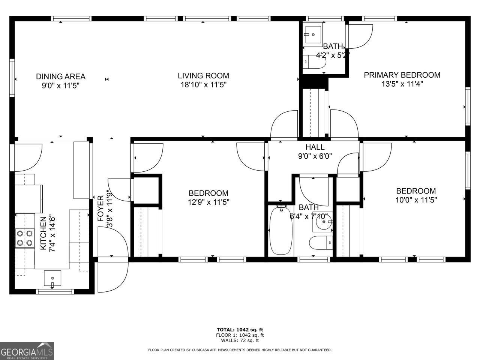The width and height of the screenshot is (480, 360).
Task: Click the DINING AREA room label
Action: point(60,76)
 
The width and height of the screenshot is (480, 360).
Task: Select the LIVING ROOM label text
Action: point(203,76)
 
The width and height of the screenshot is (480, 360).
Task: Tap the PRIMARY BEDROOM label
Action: point(402,75)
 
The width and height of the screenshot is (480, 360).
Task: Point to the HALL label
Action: point(315,147)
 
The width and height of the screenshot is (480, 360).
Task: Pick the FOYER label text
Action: point(100,208)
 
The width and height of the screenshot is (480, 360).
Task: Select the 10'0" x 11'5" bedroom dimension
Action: point(416,200)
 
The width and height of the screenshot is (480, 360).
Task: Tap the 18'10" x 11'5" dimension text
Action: point(203,85)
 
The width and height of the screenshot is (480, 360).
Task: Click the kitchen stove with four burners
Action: point(25,238)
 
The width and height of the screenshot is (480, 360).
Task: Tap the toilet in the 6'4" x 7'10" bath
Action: point(322,243)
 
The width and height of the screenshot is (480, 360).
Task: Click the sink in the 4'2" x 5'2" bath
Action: point(312,34)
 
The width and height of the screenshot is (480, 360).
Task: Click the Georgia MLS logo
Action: point(27,351)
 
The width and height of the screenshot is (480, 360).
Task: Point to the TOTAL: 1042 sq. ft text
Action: point(240,330)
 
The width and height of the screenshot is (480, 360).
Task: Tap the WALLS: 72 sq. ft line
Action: point(240,340)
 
